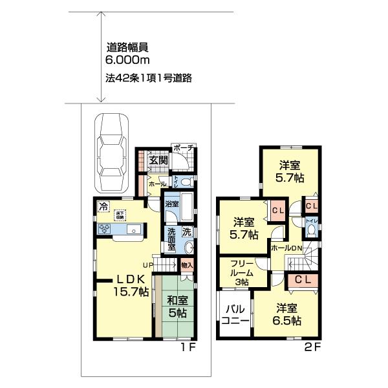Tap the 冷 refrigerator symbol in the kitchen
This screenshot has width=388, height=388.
pyautogui.click(x=102, y=207)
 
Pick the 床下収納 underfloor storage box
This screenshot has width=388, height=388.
pyautogui.click(x=120, y=215)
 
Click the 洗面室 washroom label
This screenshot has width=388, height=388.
pyautogui.click(x=173, y=238)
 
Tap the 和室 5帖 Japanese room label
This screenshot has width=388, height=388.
pyautogui.click(x=177, y=307)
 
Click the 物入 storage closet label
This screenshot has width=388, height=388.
pyautogui.click(x=187, y=264)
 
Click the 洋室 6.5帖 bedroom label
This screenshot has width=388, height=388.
pyautogui.click(x=286, y=314)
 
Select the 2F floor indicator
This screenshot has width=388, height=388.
pyautogui.click(x=313, y=348)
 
